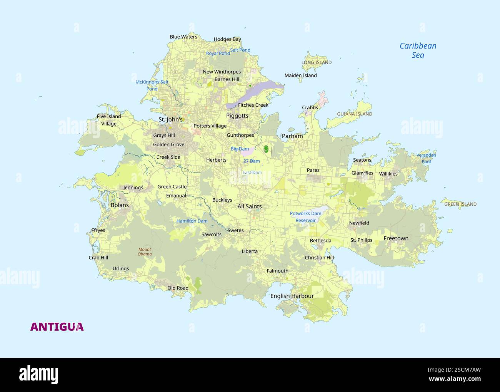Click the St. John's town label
click(x=170, y=119)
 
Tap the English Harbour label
click(x=292, y=296)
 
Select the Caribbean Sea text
click(x=418, y=50)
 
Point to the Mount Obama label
click(x=145, y=252)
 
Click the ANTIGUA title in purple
click(x=57, y=327)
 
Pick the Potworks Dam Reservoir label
click(x=305, y=217)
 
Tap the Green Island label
click(x=460, y=204)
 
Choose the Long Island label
click(x=316, y=62)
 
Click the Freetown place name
click(x=396, y=238)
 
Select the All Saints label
click(x=249, y=206)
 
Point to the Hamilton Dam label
click(x=192, y=221)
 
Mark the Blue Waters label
click(x=183, y=37)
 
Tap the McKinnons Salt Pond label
click(x=152, y=85)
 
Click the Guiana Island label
click(x=354, y=114)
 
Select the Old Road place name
click(x=178, y=288)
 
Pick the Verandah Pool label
click(x=426, y=158)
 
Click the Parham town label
click(x=292, y=136)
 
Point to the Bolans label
click(x=120, y=205)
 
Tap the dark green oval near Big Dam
click(x=266, y=148)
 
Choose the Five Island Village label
click(x=109, y=120)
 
